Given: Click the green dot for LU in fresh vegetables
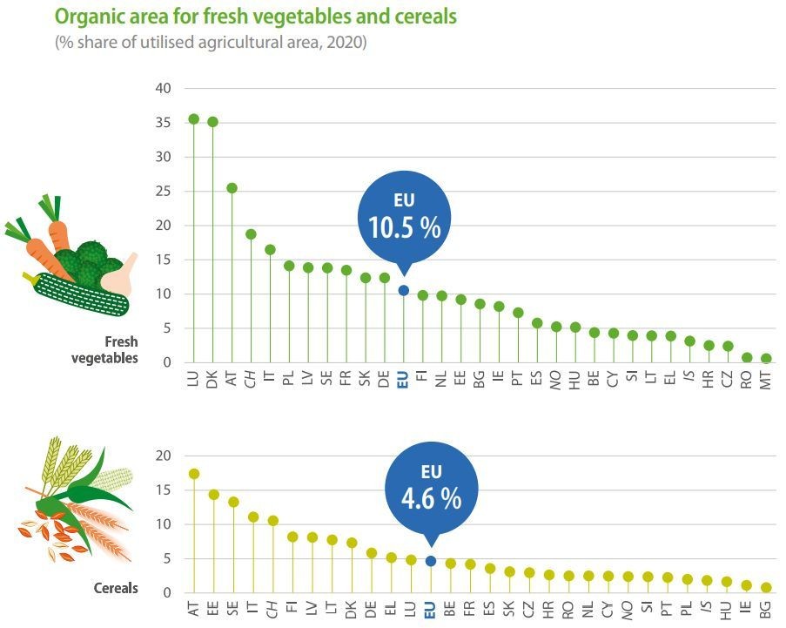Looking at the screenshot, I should coord(193,119).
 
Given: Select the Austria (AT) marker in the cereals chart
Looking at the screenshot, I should coord(193,474).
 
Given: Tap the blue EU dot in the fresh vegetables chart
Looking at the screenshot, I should coord(403,290).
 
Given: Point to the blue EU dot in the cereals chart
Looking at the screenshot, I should coord(430,561).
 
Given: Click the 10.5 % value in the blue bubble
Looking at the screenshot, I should coord(403,228).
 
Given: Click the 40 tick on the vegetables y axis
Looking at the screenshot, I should coord(164,89).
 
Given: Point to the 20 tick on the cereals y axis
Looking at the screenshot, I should coord(164,456).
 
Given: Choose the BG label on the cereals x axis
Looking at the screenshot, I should coord(766,610).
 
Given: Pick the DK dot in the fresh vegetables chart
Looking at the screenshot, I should coord(212,122).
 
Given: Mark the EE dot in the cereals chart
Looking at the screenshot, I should coord(213,495).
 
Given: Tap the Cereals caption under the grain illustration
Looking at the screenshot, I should coord(116,588).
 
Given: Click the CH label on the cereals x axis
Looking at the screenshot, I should coord(272,610).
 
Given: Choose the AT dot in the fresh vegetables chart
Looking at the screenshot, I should coord(232,188).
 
